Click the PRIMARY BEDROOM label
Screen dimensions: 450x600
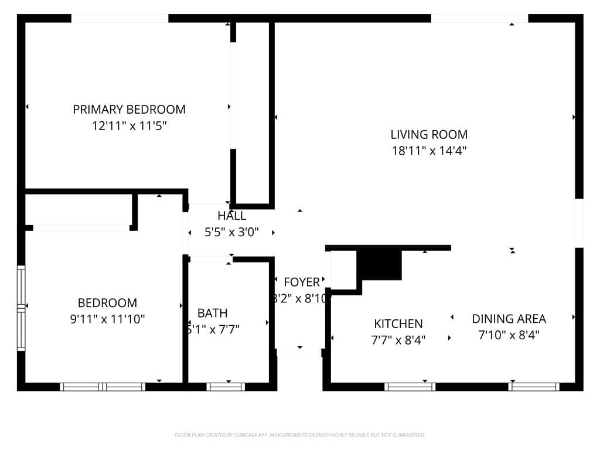(129, 109)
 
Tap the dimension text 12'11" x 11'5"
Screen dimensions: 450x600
(129, 125)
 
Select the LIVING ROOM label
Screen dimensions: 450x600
(429, 134)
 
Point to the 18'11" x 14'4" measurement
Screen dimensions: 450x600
(429, 151)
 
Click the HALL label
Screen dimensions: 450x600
(231, 216)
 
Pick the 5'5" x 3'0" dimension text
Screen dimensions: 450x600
(231, 232)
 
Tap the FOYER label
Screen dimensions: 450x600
(302, 282)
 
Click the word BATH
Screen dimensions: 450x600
(212, 313)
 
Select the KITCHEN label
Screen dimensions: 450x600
(398, 323)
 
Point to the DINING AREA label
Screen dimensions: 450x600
(509, 319)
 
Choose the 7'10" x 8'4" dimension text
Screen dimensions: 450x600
(509, 335)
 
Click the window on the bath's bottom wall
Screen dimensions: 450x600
(226, 387)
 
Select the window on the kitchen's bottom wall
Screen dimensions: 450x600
(410, 387)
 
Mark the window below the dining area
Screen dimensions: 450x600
(534, 387)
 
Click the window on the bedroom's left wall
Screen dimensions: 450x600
(21, 308)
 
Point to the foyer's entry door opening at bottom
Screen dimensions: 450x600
(299, 353)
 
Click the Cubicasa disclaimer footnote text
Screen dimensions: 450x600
(299, 435)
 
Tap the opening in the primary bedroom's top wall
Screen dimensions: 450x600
(120, 18)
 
